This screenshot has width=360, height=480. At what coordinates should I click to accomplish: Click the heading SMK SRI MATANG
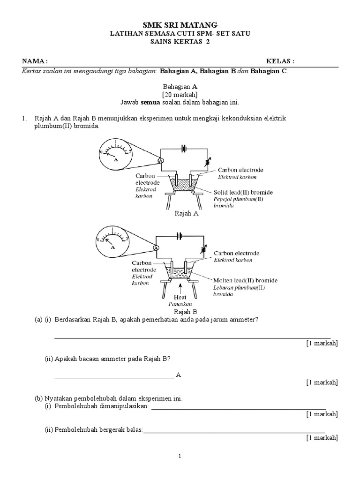180,25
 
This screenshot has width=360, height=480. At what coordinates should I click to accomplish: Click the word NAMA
34,61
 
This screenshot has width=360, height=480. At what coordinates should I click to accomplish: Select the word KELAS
280,61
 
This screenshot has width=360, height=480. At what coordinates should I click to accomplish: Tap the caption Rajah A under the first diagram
187,213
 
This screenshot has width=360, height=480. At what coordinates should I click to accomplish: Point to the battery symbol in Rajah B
180,236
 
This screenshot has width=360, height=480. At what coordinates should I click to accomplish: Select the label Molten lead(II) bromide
245,280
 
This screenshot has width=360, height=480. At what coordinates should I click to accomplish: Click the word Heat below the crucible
180,297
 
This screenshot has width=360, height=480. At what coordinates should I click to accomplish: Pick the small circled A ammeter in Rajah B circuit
157,248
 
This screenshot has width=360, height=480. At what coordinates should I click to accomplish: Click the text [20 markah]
180,94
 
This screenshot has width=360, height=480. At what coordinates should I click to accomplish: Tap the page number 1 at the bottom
180,456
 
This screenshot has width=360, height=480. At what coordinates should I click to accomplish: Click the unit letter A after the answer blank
178,375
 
